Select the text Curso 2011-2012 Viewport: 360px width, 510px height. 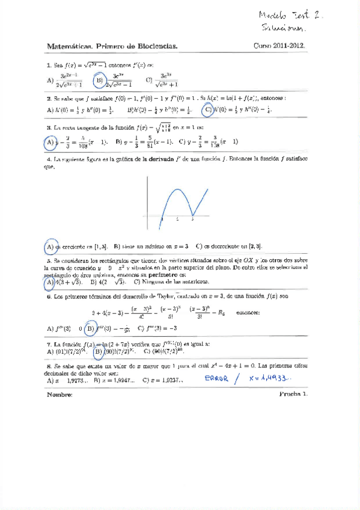point(281,45)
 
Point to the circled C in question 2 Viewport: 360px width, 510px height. point(207,110)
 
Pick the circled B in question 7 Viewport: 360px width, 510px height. point(97,351)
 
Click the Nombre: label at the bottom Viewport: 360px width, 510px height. point(59,395)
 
